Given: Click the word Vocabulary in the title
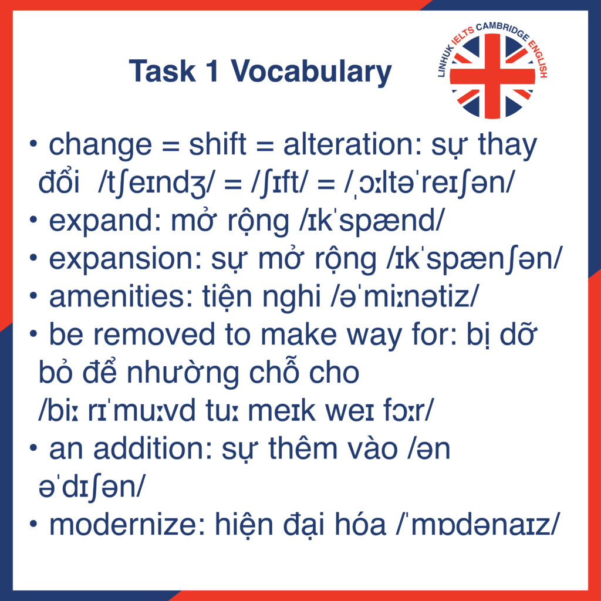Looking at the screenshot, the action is point(311,72).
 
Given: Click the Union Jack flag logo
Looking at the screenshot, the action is point(492,76).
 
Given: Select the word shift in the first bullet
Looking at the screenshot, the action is point(217,144).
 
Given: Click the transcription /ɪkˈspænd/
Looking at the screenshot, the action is point(372,221).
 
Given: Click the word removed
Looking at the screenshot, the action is point(154,335).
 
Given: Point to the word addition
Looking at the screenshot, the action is point(150,449).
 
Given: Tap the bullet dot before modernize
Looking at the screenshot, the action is point(33,524).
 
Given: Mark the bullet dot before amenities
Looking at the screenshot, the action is point(33,296).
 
